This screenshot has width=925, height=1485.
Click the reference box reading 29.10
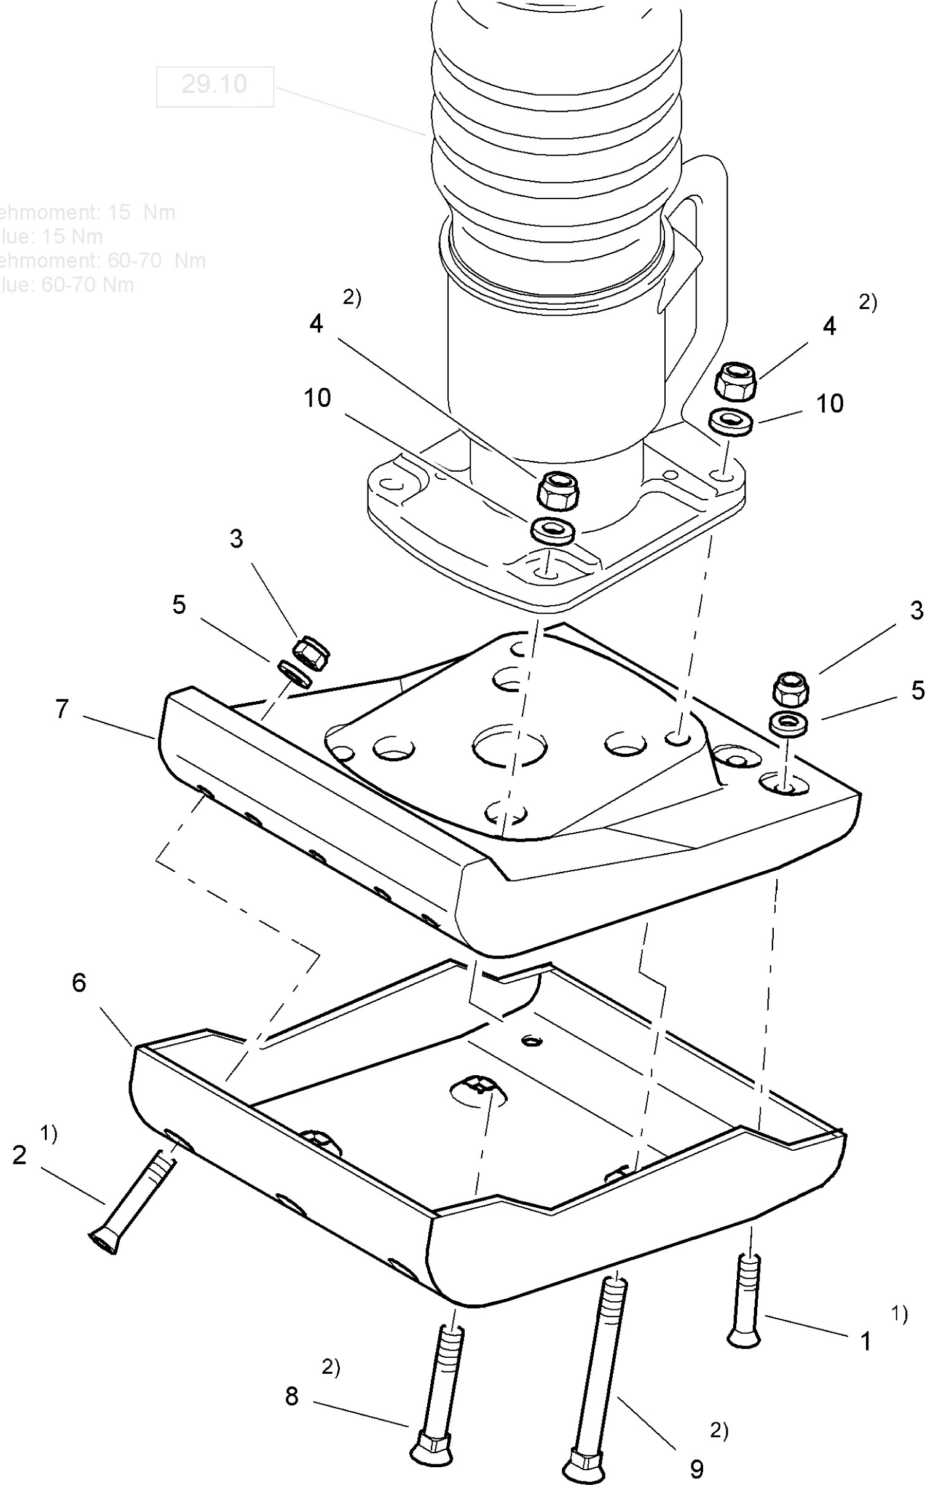(x=215, y=85)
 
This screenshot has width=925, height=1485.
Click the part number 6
(x=79, y=982)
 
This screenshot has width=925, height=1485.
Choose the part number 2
(x=20, y=1155)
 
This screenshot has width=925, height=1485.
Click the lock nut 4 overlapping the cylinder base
(x=559, y=489)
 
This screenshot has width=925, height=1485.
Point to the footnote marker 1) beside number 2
(x=49, y=1134)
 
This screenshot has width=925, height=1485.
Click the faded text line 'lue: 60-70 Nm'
(x=68, y=284)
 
